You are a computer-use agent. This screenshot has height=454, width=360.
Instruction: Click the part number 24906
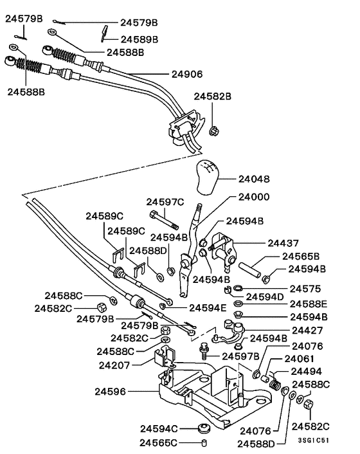pyautogui.click(x=186, y=74)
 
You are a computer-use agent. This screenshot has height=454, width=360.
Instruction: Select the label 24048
pyautogui.click(x=253, y=179)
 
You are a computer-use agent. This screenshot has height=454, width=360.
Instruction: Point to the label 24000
pyautogui.click(x=254, y=197)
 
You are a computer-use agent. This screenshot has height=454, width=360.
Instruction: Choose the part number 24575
pyautogui.click(x=305, y=289)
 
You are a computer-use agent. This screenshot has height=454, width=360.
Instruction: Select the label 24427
pyautogui.click(x=307, y=330)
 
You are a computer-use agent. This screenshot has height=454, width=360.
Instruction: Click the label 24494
pyautogui.click(x=307, y=371)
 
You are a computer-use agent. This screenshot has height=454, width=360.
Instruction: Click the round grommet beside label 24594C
pyautogui.click(x=204, y=428)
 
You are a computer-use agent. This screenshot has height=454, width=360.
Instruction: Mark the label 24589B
pyautogui.click(x=138, y=39)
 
